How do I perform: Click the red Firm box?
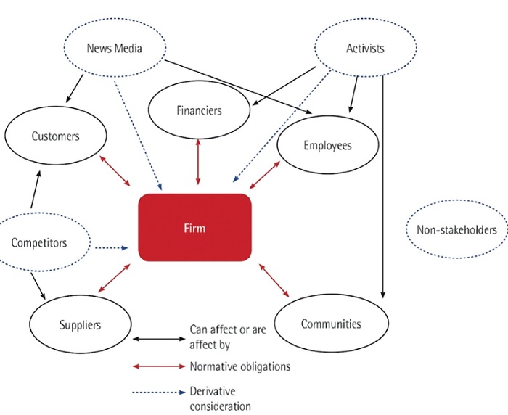tap(194, 227)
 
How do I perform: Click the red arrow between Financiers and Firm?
tap(198, 162)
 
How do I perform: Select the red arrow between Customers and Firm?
tap(115, 171)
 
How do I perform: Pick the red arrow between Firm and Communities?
tap(274, 280)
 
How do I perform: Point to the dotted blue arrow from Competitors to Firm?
tap(112, 248)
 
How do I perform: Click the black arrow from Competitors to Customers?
tap(36, 189)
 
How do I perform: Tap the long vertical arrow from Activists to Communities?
tap(383, 186)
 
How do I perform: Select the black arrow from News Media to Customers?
tap(74, 89)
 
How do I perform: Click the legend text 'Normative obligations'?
tap(240, 366)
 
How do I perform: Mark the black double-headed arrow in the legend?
tap(159, 339)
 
